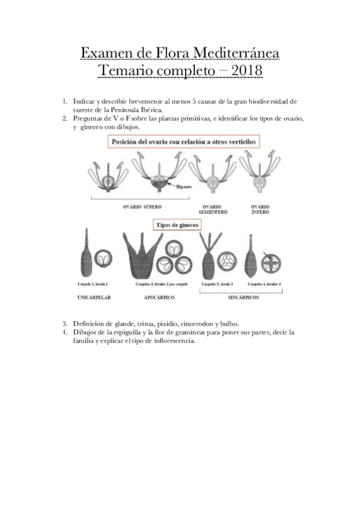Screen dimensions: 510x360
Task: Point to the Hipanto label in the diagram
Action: [184, 187]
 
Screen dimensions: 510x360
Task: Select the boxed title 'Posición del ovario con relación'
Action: [187, 141]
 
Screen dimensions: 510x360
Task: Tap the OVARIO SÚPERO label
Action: [142, 206]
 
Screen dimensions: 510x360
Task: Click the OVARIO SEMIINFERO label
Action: [213, 209]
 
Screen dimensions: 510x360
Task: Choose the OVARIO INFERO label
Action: [260, 209]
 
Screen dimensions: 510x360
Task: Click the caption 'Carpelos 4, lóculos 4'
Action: [263, 283]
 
